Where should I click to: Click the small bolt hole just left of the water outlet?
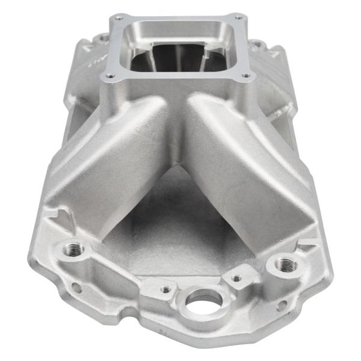tap(165, 290)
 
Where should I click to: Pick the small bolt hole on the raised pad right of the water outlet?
tap(236, 278)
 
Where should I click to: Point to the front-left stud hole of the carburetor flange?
tap(110, 76)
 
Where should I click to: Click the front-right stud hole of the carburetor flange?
tap(245, 76)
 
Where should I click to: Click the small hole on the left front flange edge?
tap(77, 288)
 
